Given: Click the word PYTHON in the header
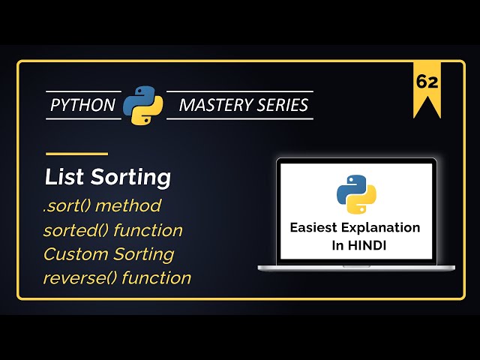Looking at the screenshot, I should (x=82, y=105).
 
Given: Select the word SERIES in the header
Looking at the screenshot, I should (x=283, y=105).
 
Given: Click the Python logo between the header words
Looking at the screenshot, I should (x=142, y=105).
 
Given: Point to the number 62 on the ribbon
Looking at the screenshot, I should (x=427, y=82).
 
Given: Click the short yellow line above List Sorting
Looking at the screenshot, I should (x=76, y=154).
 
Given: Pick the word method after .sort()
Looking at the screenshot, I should (x=132, y=205).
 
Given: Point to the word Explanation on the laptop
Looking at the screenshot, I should (x=386, y=227).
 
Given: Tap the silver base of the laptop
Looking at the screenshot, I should (x=356, y=268).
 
